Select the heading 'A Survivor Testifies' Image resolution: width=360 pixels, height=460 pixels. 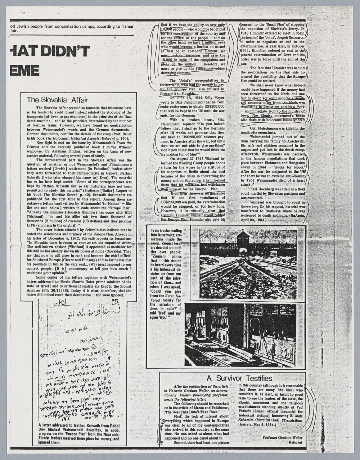pos(239,378)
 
